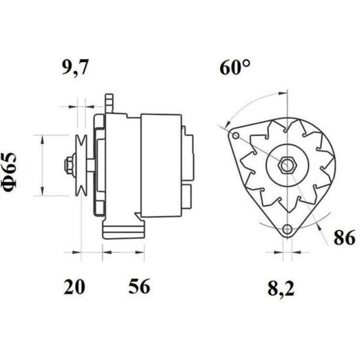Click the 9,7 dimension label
pyautogui.click(x=75, y=67)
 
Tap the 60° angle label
pyautogui.click(x=235, y=67)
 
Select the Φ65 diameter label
pyautogui.click(x=10, y=172)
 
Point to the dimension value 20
pyautogui.click(x=74, y=287)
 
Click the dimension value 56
pyautogui.click(x=139, y=286)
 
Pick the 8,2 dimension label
pyautogui.click(x=281, y=289)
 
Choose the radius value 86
pyautogui.click(x=344, y=238)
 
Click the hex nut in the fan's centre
pyautogui.click(x=287, y=164)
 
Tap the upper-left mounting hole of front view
pyautogui.click(x=236, y=135)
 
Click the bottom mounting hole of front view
pyautogui.click(x=287, y=229)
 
